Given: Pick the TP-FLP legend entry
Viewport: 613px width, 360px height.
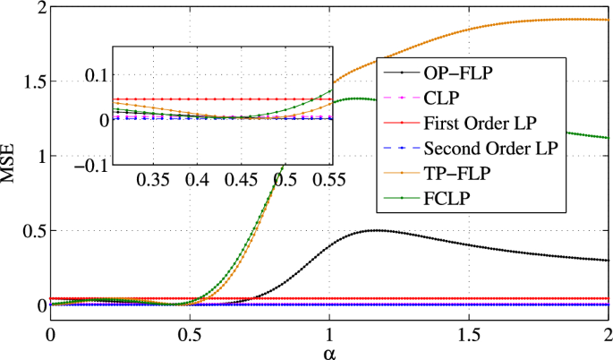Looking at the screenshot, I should point(455,172).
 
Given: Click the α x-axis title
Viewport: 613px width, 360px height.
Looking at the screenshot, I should point(329,351).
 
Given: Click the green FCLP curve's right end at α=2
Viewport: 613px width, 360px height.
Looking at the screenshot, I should point(608,138).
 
